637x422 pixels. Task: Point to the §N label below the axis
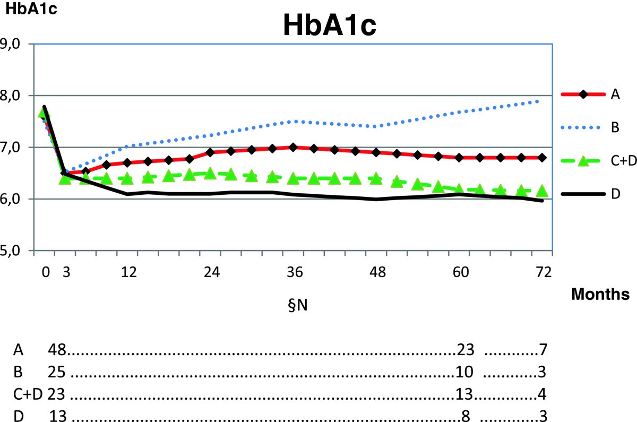[295, 307]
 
